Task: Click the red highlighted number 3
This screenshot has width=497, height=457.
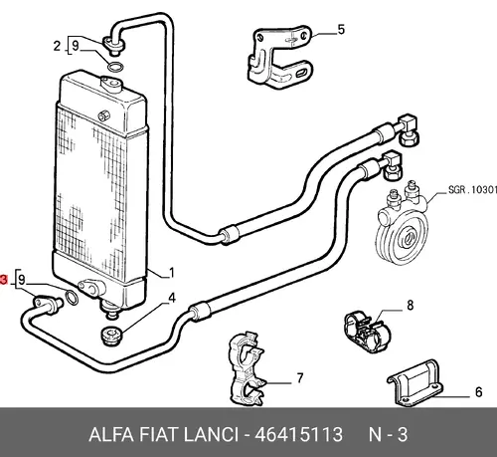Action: [3, 280]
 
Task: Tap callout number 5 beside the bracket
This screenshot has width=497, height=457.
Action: [341, 30]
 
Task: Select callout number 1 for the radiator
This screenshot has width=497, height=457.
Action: [171, 273]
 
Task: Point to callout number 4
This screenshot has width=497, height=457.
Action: [172, 298]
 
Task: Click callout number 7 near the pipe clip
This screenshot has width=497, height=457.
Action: [300, 378]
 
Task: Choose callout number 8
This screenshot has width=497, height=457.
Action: [411, 305]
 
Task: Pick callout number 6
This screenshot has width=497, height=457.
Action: [478, 392]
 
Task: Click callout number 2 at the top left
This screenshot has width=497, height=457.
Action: [57, 46]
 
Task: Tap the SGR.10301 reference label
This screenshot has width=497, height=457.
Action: [472, 190]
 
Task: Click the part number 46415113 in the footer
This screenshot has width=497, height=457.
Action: [298, 434]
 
